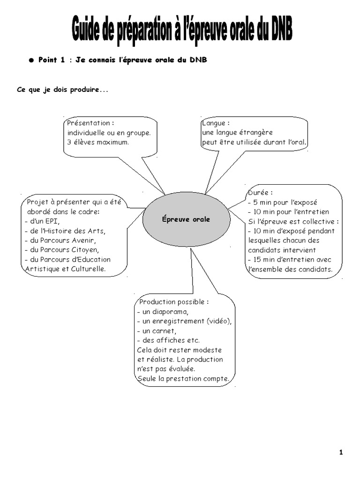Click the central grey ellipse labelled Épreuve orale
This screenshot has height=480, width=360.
pyautogui.click(x=186, y=219)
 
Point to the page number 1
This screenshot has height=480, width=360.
pyautogui.click(x=341, y=452)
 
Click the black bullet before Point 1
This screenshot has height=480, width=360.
pyautogui.click(x=31, y=60)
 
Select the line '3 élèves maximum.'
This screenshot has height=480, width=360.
pyautogui.click(x=97, y=142)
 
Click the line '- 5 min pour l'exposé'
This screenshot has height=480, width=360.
pyautogui.click(x=283, y=202)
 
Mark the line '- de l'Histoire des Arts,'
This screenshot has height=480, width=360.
pyautogui.click(x=65, y=231)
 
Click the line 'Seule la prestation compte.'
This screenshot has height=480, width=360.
pyautogui.click(x=183, y=378)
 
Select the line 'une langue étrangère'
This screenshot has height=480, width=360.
pyautogui.click(x=237, y=133)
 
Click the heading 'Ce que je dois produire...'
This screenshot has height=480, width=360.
pyautogui.click(x=62, y=90)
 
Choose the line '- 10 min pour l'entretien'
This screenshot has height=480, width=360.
pyautogui.click(x=289, y=212)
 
